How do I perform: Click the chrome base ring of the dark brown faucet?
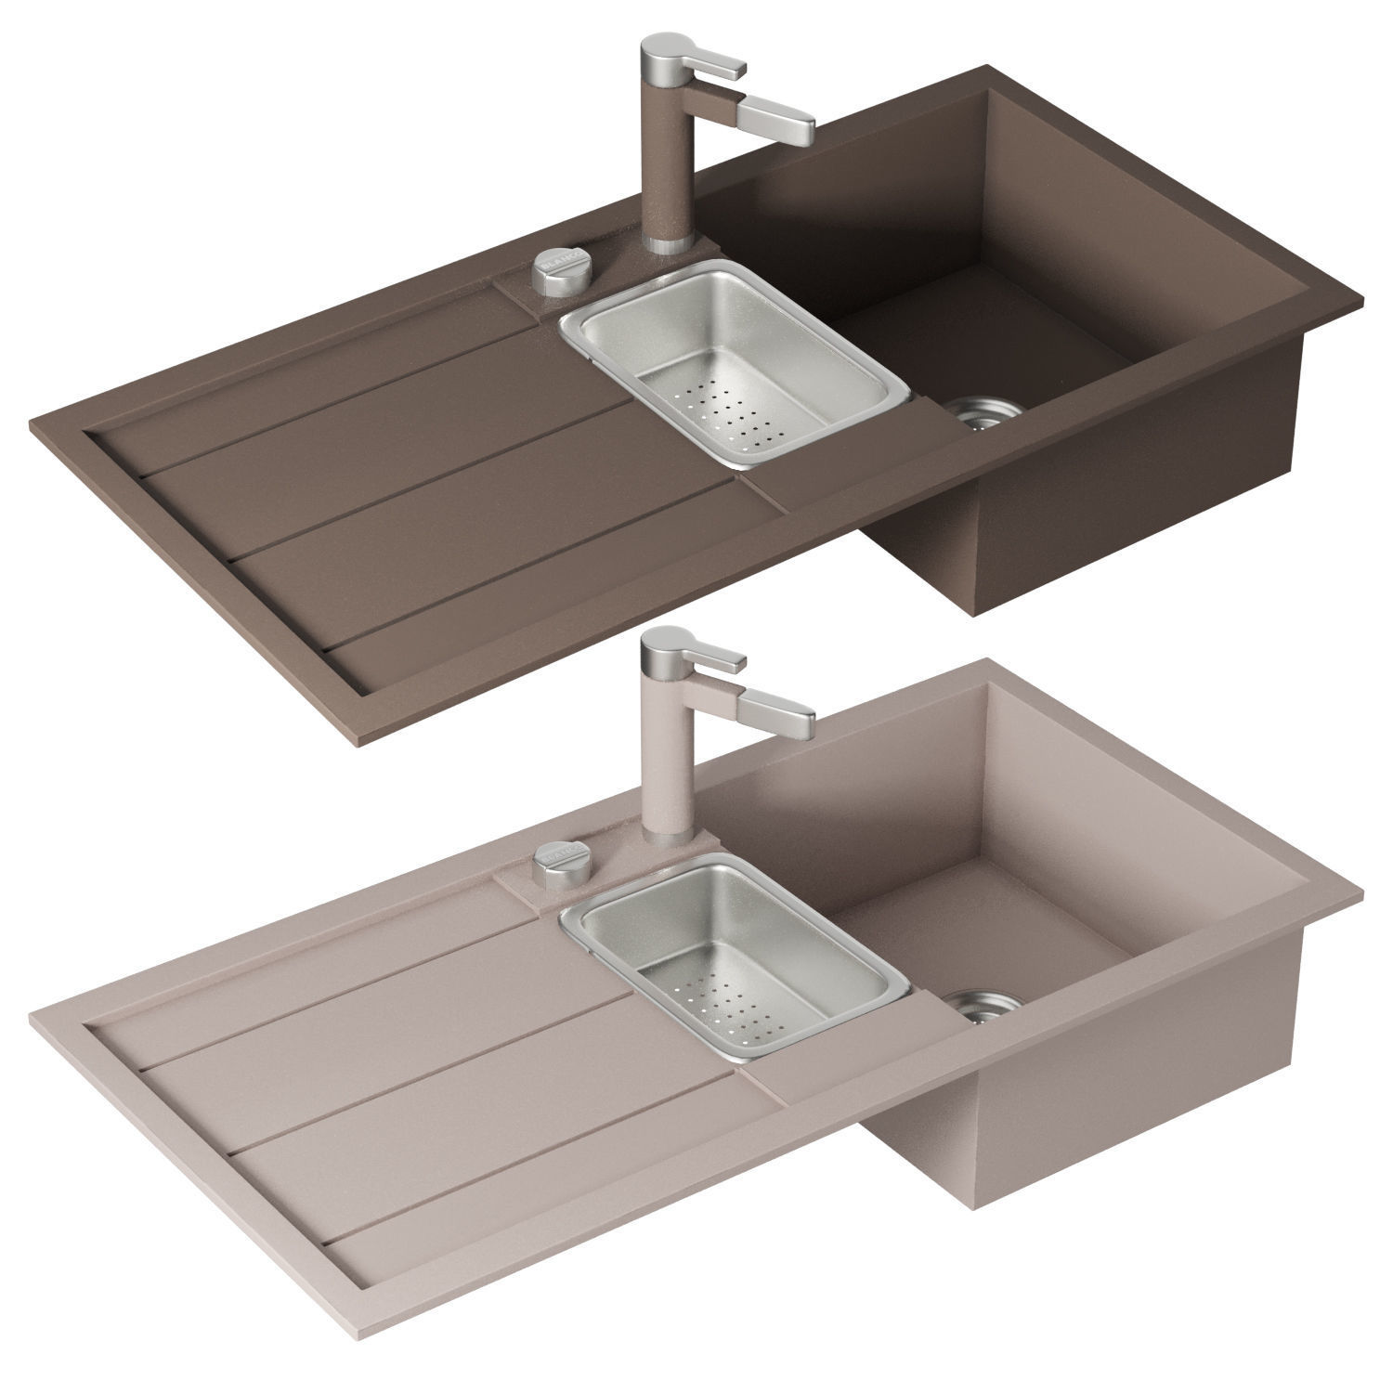click(665, 243)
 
